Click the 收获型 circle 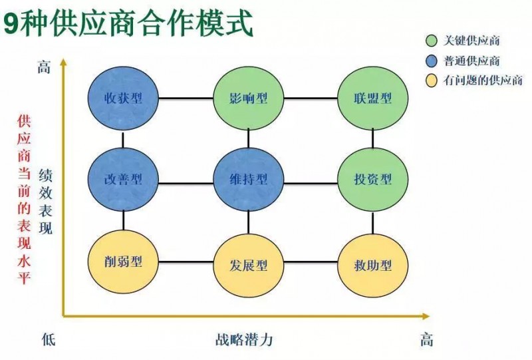[123, 98]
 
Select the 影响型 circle [248, 98]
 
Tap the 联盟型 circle [373, 98]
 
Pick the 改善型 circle [123, 179]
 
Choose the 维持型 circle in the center [248, 179]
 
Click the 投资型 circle [373, 179]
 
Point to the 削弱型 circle [123, 262]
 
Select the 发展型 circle [248, 266]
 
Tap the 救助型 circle [373, 266]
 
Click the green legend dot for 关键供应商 [431, 41]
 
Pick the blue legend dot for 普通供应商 [431, 61]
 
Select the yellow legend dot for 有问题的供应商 [431, 81]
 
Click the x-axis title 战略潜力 [244, 339]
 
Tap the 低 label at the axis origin [49, 339]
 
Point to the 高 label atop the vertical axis [44, 67]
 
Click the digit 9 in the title [11, 24]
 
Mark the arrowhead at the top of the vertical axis [63, 61]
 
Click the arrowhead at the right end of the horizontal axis [426, 316]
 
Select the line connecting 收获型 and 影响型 [186, 98]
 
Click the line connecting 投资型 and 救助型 [373, 222]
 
